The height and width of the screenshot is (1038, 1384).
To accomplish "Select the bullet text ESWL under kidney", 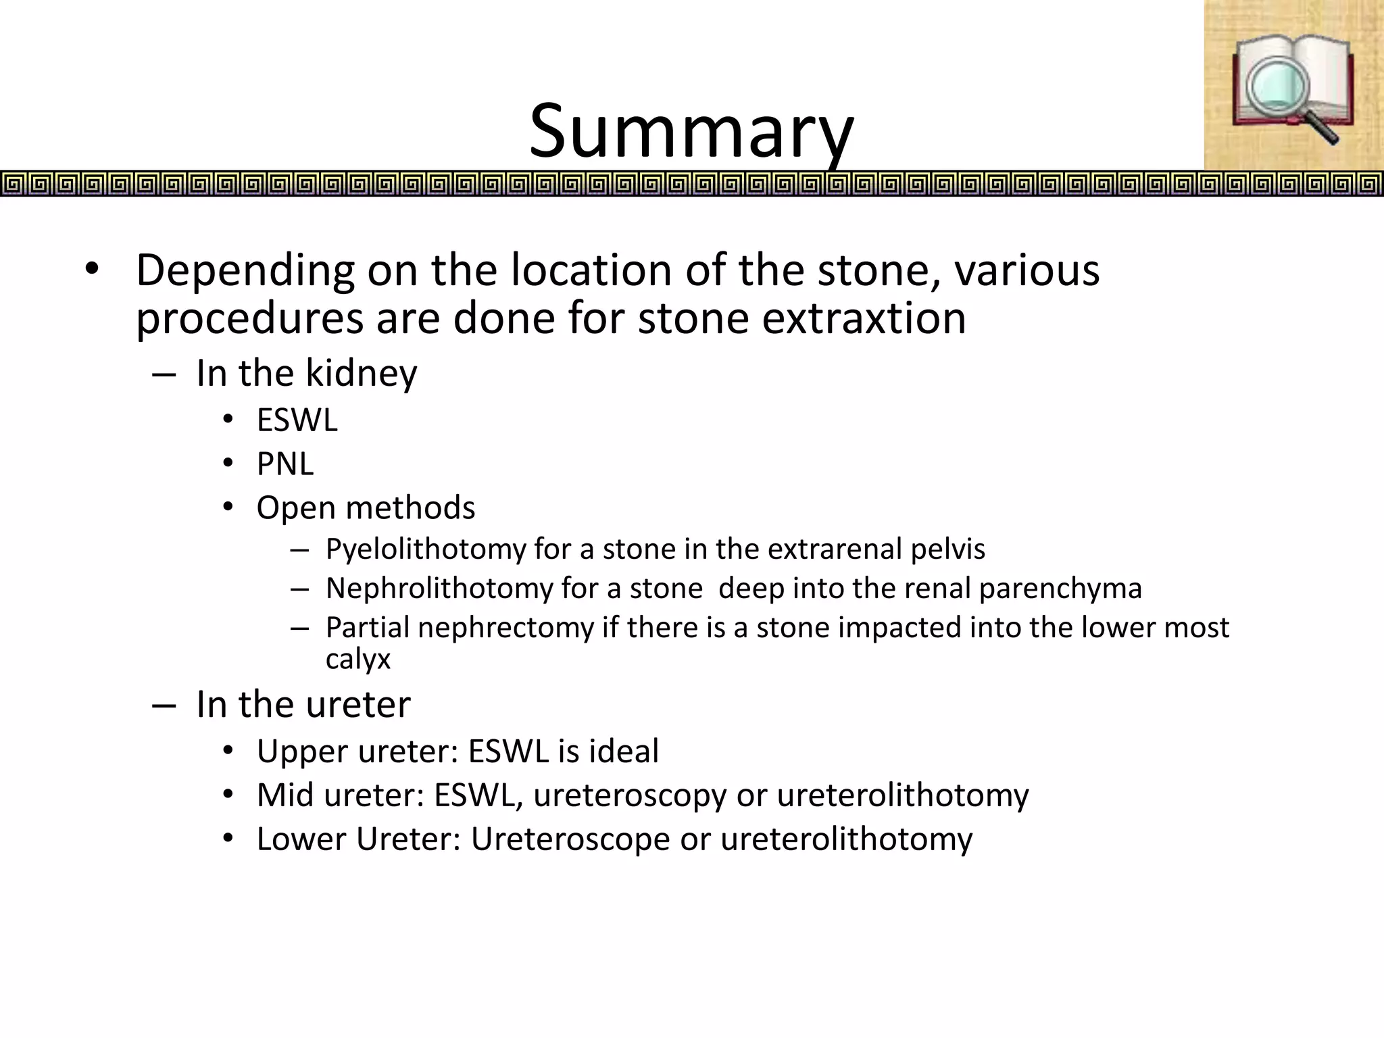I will (297, 420).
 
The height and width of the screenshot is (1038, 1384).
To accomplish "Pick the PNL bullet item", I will (285, 464).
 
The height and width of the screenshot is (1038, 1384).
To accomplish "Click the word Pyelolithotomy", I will (425, 549).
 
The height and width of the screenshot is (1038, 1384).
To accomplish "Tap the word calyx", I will (357, 659).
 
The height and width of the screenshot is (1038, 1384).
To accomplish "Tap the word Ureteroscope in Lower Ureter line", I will (570, 839).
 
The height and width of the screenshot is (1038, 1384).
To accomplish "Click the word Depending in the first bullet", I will (245, 270).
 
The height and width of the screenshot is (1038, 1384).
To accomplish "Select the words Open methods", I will (366, 508).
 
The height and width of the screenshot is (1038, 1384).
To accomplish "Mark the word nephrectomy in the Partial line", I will (505, 627).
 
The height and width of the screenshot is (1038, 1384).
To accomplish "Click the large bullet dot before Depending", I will (92, 270).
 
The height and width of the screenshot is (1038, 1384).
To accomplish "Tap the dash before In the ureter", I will (164, 706).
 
